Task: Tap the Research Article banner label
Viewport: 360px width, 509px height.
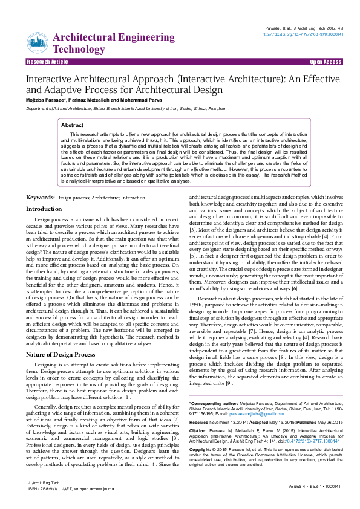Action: coord(47,62)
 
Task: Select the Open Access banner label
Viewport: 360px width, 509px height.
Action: coord(326,62)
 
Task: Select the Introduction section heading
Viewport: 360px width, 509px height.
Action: coord(44,209)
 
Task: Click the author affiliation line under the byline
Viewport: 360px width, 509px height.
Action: coord(125,108)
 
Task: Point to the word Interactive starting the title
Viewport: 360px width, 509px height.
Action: coord(46,79)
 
